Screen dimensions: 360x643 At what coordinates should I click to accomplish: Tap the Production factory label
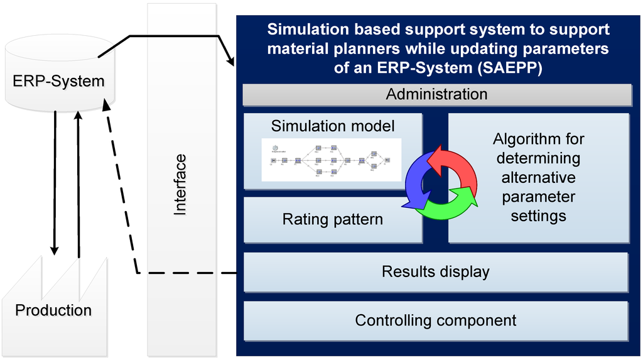(x=53, y=310)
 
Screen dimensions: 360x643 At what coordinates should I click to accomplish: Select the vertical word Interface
(x=180, y=185)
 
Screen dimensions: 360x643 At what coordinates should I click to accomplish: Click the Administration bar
(x=436, y=94)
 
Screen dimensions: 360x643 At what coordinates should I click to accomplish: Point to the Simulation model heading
(x=333, y=126)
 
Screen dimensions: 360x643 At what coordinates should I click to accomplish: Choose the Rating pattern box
(x=333, y=220)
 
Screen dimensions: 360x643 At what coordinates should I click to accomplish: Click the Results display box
(x=436, y=272)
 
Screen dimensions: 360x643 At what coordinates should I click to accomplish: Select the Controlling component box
(x=436, y=320)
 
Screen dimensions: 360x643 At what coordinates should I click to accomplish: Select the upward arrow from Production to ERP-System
(x=78, y=182)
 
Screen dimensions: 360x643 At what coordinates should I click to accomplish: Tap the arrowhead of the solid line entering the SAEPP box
(x=231, y=62)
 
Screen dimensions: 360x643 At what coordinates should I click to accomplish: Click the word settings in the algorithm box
(x=538, y=216)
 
